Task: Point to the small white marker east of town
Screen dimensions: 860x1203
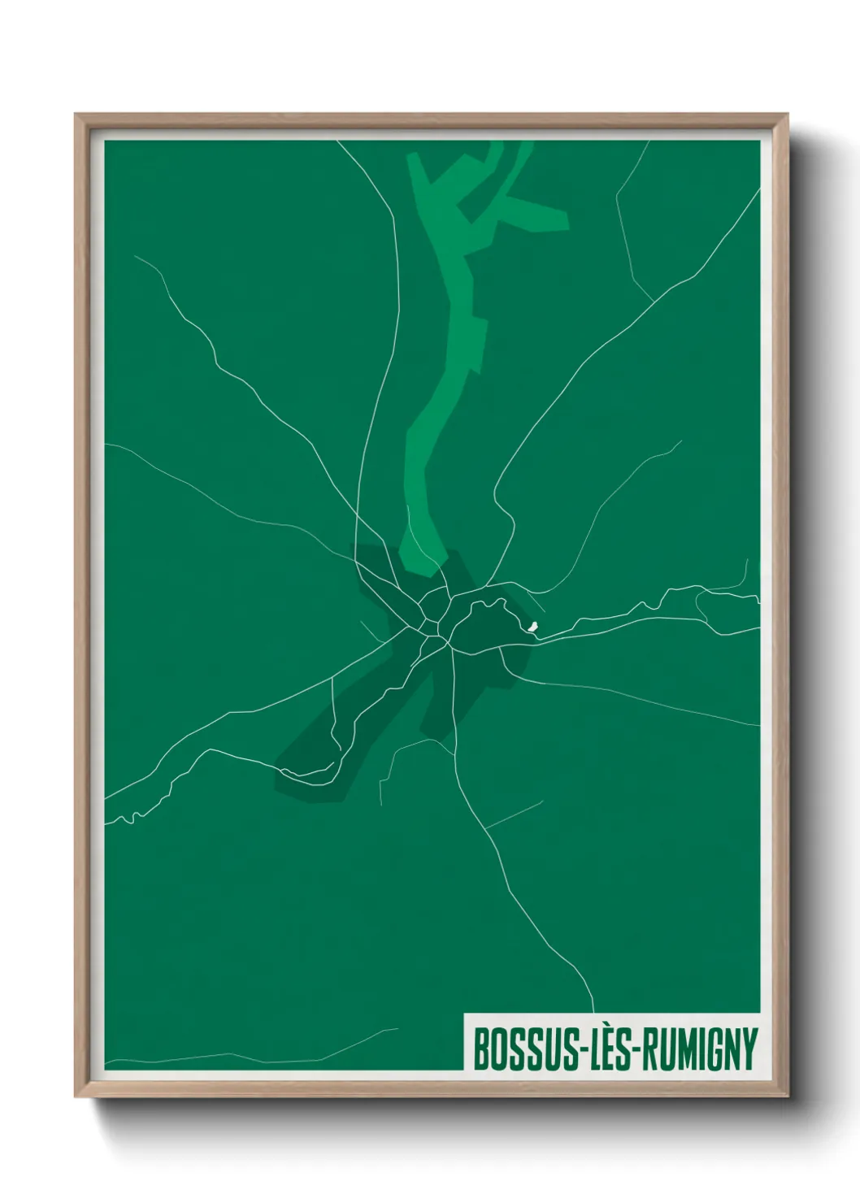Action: pyautogui.click(x=533, y=626)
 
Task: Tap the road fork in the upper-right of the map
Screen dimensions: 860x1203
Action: pyautogui.click(x=653, y=302)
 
